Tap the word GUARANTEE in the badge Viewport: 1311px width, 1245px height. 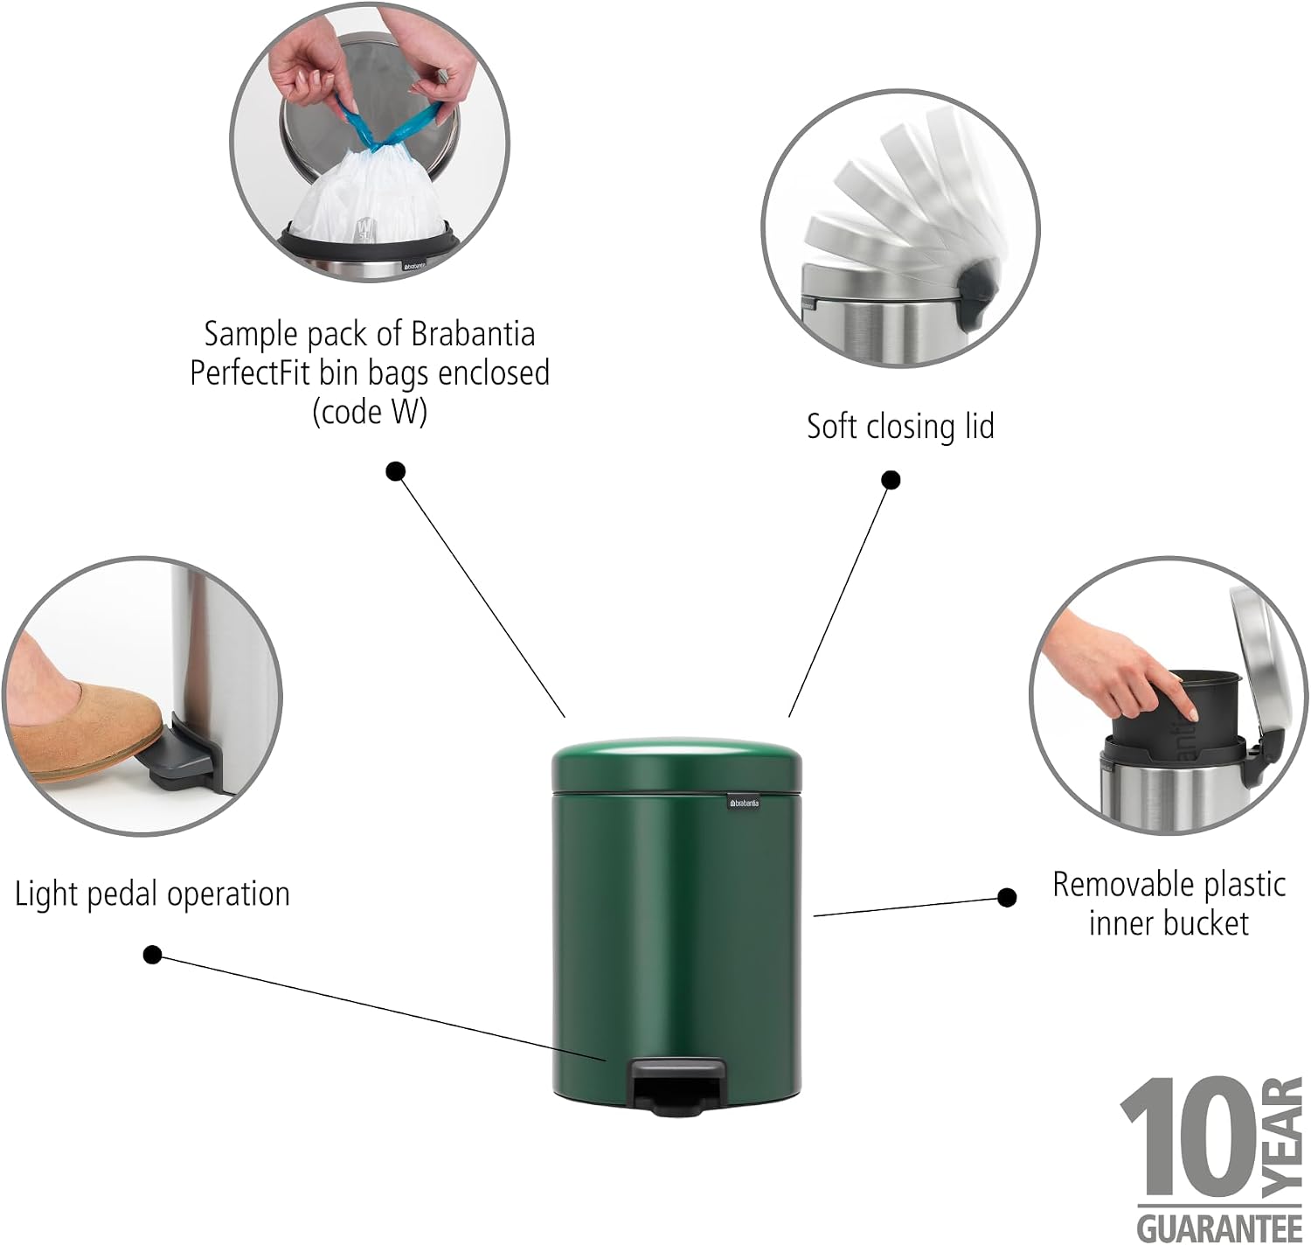(1219, 1228)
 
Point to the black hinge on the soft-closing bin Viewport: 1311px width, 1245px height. (978, 294)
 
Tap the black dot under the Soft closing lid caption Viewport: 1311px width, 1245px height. (891, 480)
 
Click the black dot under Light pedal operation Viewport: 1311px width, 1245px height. (153, 955)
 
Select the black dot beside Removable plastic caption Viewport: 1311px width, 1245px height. (1007, 897)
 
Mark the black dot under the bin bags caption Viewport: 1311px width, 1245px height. (395, 472)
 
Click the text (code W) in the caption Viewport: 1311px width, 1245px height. (370, 413)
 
